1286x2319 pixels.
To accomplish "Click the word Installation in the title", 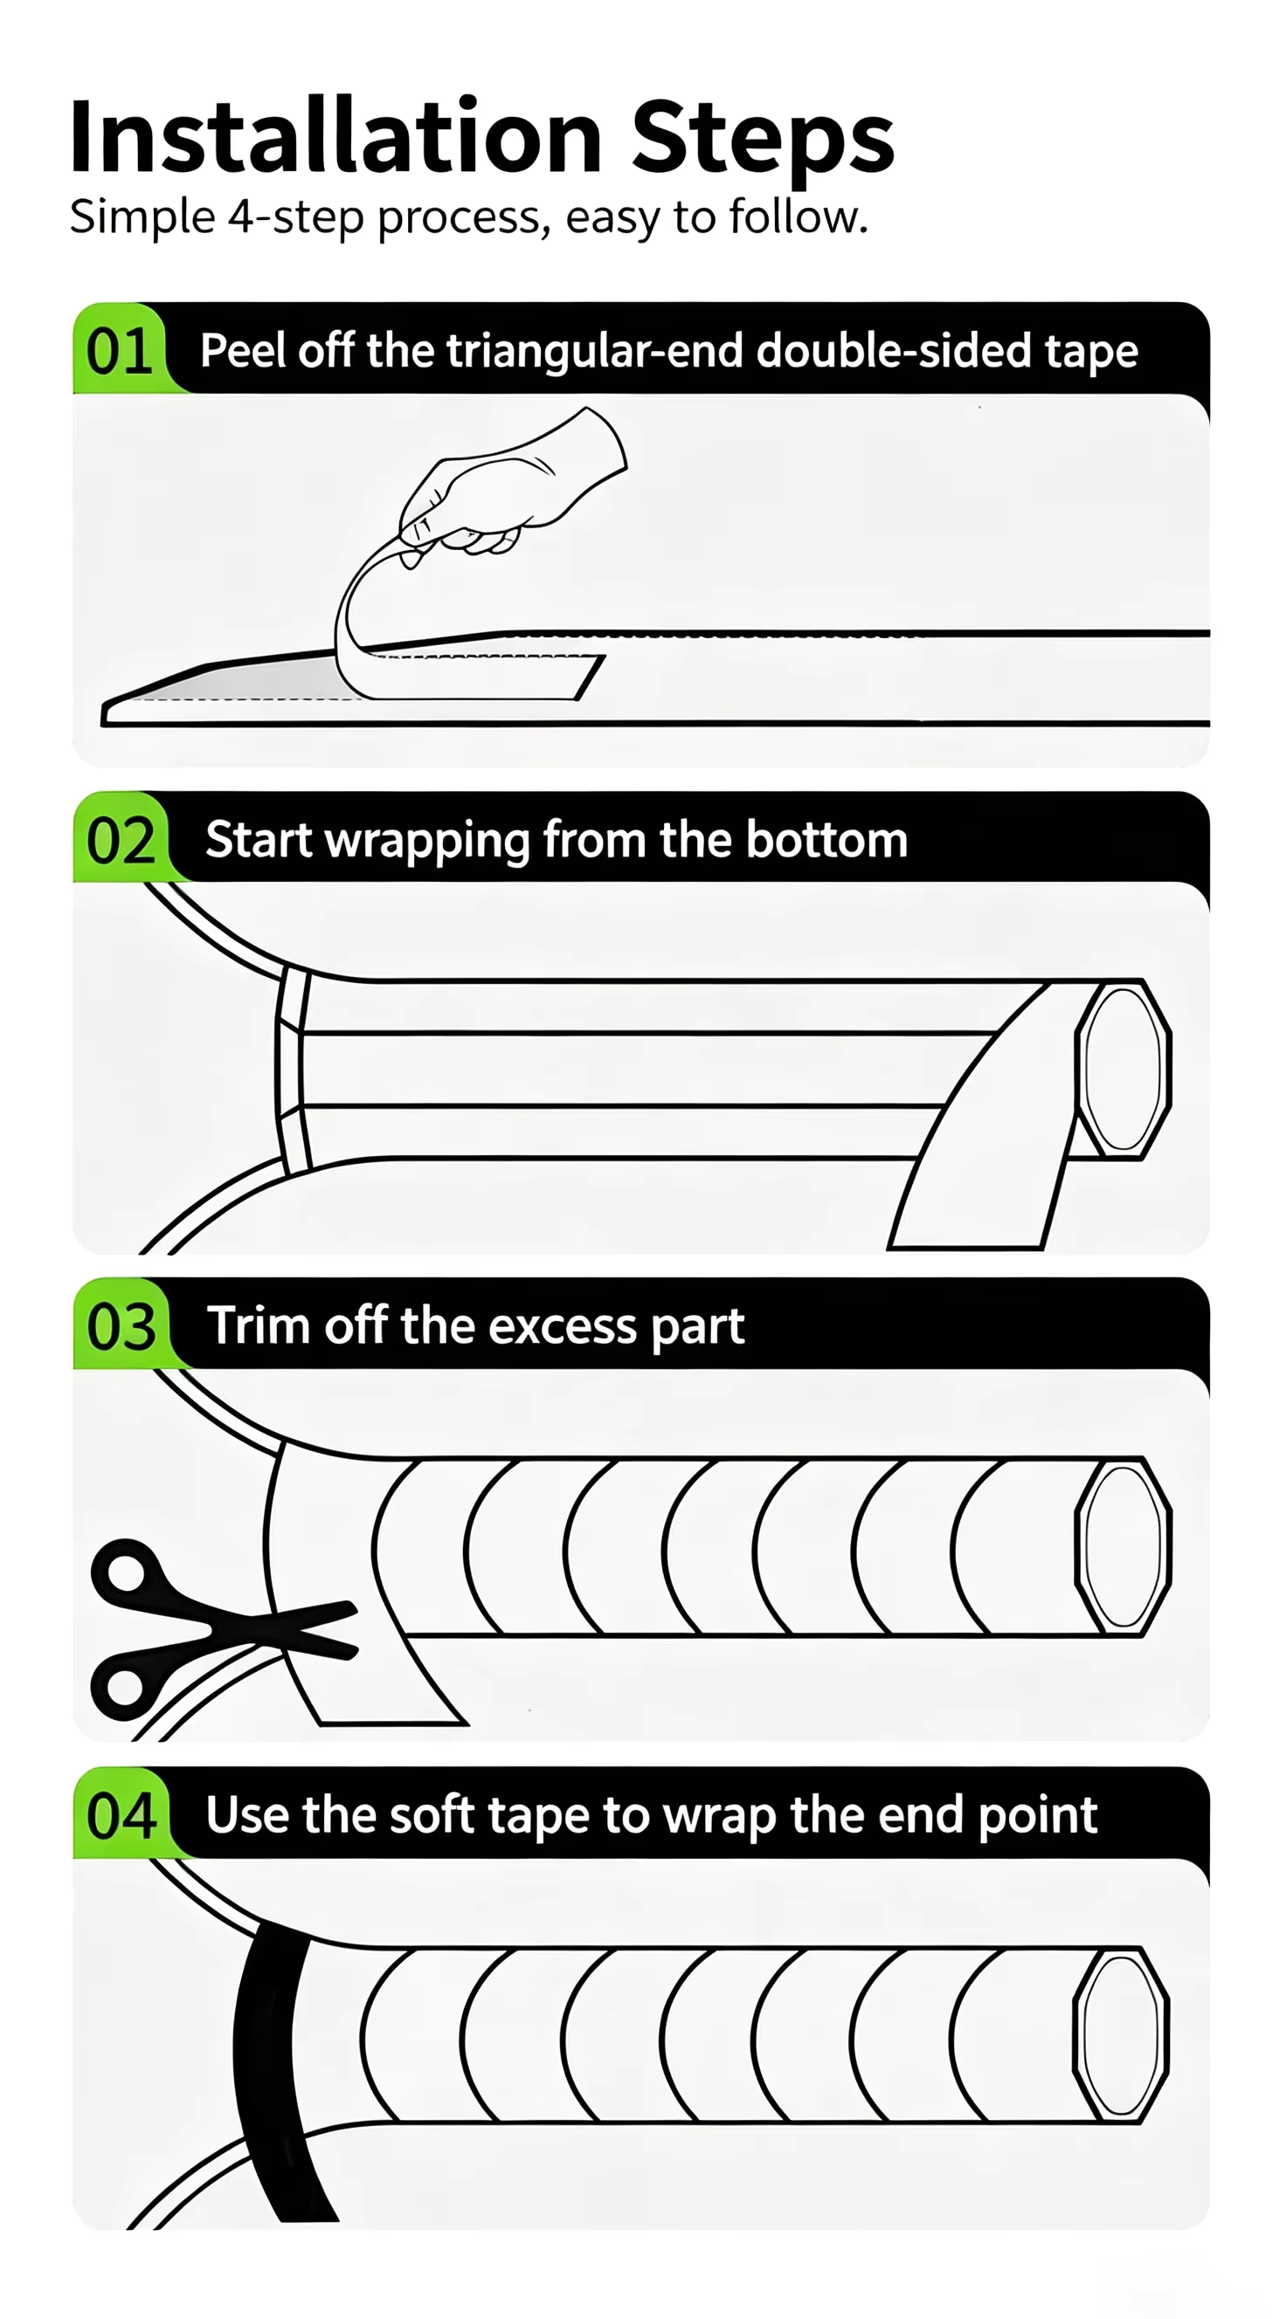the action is tap(335, 137).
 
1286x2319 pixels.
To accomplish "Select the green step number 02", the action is tap(121, 841).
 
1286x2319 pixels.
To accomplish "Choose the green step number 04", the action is tap(121, 1815).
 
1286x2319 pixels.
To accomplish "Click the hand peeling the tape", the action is tap(508, 486).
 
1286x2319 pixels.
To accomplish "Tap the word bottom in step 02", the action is tap(826, 840).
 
